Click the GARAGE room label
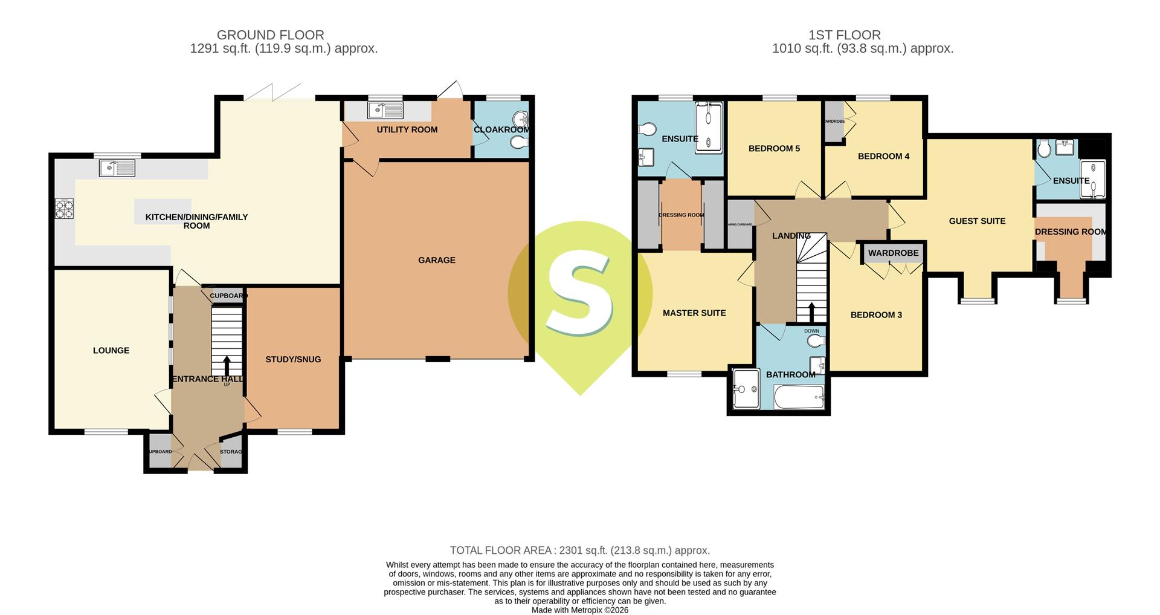point(436,260)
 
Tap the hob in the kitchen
point(64,209)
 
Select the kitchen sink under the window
point(118,168)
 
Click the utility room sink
point(385,111)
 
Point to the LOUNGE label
point(111,350)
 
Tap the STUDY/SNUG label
point(293,359)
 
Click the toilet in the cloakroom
point(518,143)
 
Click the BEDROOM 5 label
point(774,148)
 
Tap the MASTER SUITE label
point(694,313)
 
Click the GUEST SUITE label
point(977,221)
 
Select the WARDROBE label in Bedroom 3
point(894,253)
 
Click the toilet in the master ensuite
point(647,129)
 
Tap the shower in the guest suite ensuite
point(1093,179)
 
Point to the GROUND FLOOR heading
point(270,35)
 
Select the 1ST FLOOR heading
point(844,35)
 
